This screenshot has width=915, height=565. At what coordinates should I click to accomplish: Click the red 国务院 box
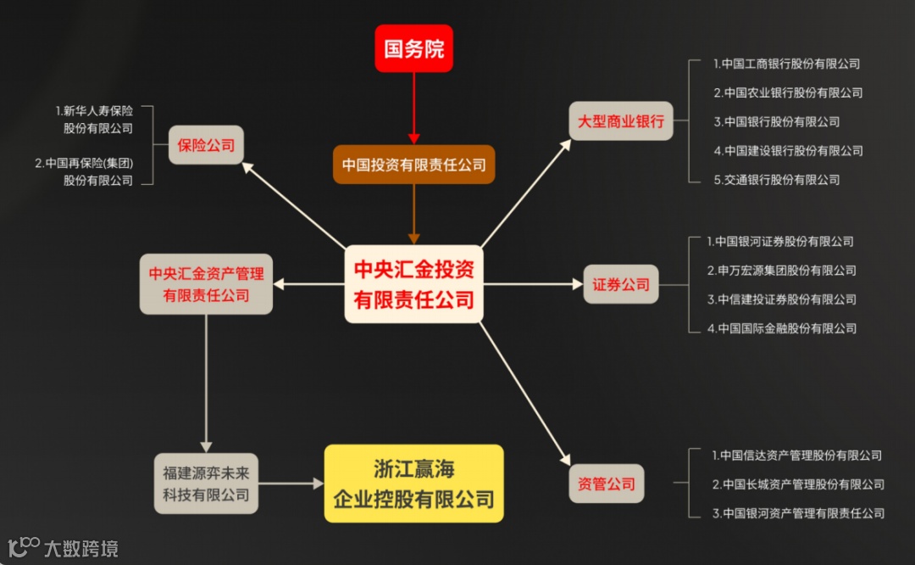tap(414, 48)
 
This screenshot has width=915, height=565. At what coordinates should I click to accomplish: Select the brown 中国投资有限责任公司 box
tap(413, 165)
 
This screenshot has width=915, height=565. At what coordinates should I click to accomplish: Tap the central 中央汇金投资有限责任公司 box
tap(414, 284)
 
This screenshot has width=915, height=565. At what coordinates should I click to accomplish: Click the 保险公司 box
tap(206, 145)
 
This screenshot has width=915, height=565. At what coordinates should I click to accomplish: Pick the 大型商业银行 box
tap(620, 121)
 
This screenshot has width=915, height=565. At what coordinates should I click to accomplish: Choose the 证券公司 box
tap(621, 284)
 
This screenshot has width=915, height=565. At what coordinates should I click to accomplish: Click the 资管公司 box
tap(607, 484)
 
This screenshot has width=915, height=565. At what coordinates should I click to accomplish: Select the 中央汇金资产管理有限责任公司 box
tap(207, 284)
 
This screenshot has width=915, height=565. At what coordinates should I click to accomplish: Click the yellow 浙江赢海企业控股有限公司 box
tap(414, 484)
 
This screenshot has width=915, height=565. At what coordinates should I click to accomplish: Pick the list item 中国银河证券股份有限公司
tap(780, 242)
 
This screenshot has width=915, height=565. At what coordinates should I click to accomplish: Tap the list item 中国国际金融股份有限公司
tap(782, 328)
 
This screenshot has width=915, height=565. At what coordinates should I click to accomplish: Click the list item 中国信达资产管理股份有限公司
tap(796, 456)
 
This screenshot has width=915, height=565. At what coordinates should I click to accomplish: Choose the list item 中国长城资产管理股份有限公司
tap(798, 484)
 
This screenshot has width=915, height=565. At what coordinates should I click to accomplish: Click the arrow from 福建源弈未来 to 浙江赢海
tap(291, 484)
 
